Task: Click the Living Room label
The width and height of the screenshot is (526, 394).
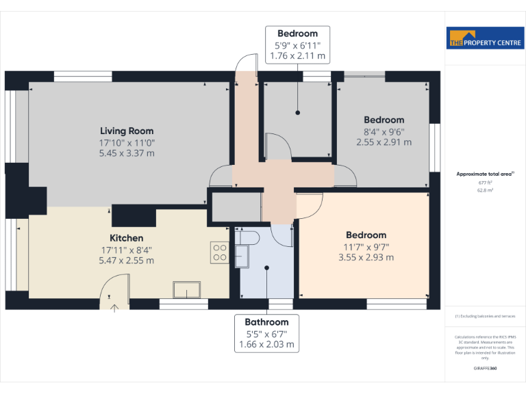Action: click(x=127, y=131)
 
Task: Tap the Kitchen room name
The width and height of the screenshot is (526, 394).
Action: click(x=127, y=238)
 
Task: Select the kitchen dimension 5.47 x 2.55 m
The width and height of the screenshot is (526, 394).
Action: click(x=127, y=260)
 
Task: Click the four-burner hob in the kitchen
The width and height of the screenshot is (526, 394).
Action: click(x=220, y=252)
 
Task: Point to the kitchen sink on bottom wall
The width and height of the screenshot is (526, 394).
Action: click(x=186, y=291)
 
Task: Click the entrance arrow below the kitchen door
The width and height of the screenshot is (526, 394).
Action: click(x=114, y=306)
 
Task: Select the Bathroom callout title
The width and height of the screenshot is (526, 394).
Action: click(x=266, y=321)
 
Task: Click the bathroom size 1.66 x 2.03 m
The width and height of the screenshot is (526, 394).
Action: click(x=266, y=344)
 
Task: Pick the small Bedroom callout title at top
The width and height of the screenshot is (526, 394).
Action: click(x=297, y=34)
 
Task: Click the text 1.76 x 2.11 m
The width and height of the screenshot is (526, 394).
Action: click(x=297, y=56)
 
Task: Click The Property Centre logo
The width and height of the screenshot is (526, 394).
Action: click(x=485, y=38)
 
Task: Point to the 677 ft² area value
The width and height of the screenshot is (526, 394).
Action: click(x=485, y=183)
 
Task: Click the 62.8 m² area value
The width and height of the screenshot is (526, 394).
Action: click(x=485, y=192)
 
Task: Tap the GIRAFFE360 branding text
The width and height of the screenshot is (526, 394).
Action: click(x=485, y=369)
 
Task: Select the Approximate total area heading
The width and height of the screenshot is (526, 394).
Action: click(x=484, y=174)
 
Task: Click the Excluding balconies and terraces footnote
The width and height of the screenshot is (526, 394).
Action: click(x=485, y=317)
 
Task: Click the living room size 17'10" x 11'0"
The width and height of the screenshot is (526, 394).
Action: click(x=127, y=142)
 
